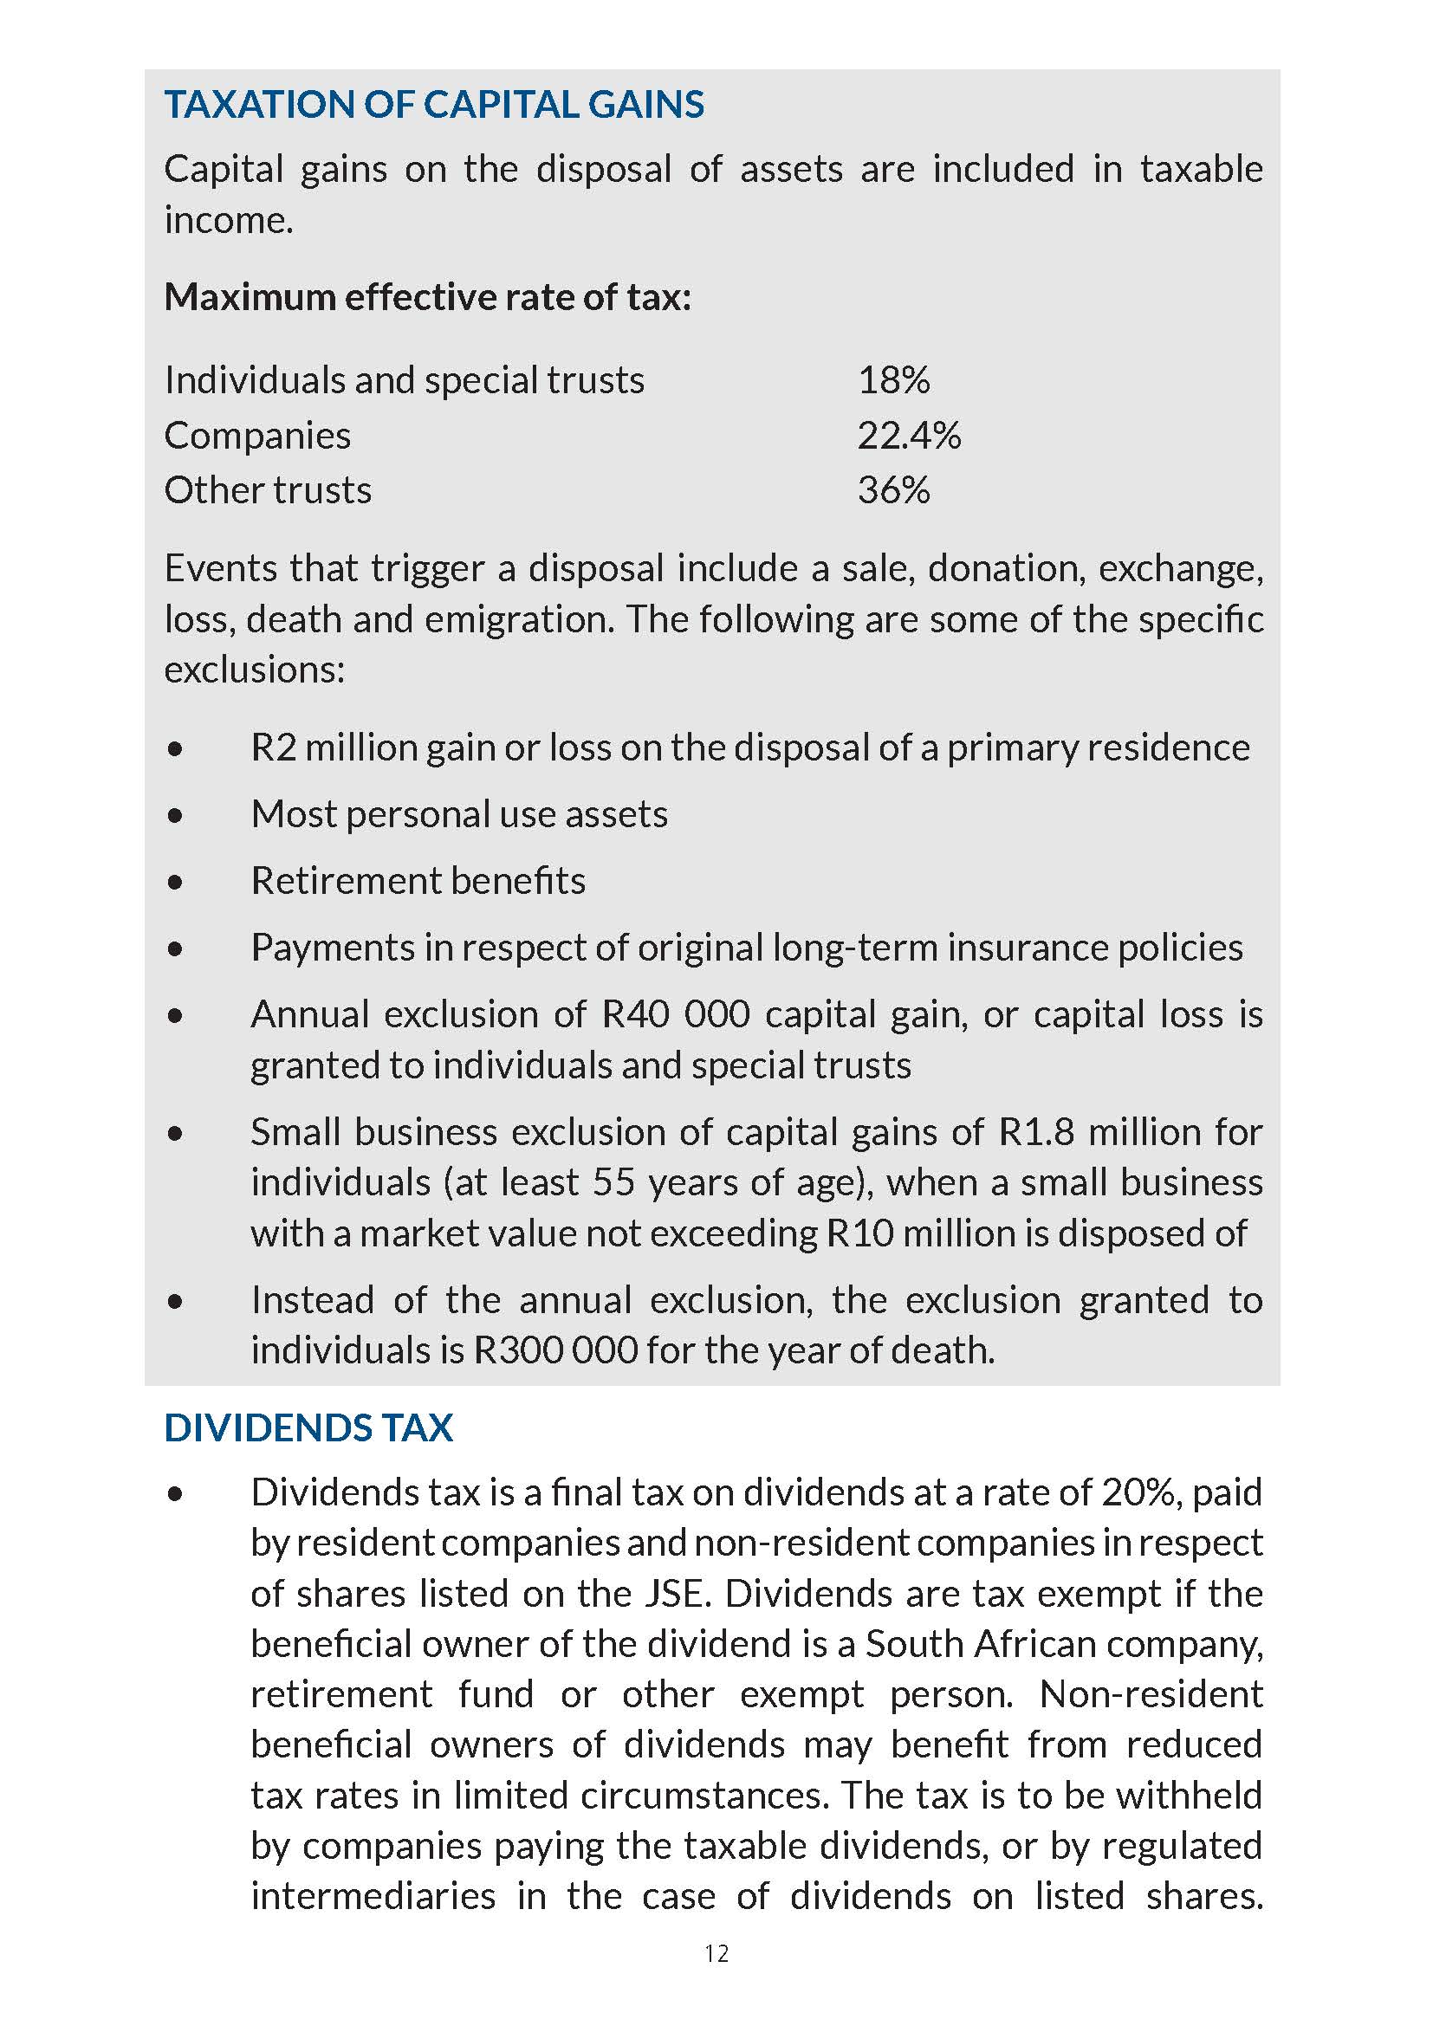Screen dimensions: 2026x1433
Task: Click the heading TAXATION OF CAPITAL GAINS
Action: [x=434, y=105]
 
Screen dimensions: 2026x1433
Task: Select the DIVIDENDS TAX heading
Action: [x=308, y=1427]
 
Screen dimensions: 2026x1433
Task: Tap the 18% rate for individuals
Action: [x=893, y=380]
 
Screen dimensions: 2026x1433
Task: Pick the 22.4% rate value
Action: [x=909, y=436]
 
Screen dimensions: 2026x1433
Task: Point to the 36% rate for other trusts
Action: [x=893, y=490]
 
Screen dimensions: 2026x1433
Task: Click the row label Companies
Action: [x=257, y=436]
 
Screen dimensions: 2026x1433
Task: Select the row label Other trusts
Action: [x=269, y=490]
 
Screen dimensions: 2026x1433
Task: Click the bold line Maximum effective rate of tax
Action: [x=428, y=297]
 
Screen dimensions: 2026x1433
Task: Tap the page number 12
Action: [x=716, y=1953]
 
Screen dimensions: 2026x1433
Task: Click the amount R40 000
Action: [x=675, y=1015]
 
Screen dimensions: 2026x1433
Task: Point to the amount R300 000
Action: [x=556, y=1350]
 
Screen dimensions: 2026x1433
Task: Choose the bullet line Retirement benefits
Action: [x=418, y=881]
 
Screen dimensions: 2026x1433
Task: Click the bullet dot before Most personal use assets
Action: [x=176, y=815]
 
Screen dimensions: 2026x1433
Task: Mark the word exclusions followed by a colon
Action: [x=254, y=670]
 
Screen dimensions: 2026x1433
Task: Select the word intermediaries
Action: [x=373, y=1896]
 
